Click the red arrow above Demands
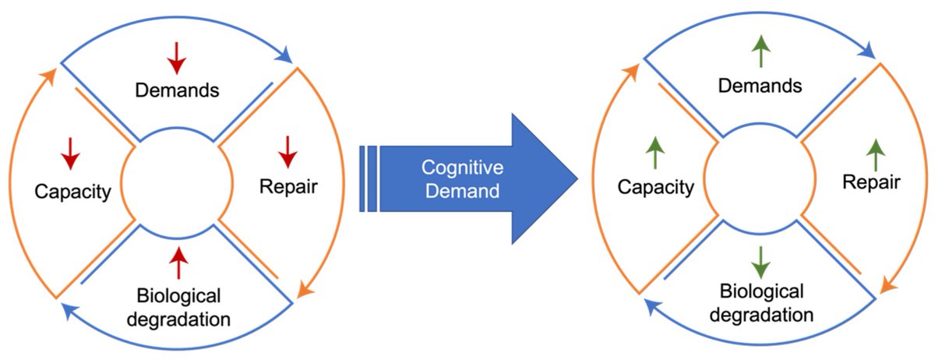(177, 58)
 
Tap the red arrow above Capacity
(71, 153)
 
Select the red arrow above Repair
(288, 151)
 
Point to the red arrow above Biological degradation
(179, 263)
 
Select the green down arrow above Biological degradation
(761, 264)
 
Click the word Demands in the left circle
(177, 90)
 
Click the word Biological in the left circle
(178, 297)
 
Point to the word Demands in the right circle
(760, 86)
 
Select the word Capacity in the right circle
(655, 188)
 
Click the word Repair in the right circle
(872, 183)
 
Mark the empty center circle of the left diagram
(176, 180)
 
